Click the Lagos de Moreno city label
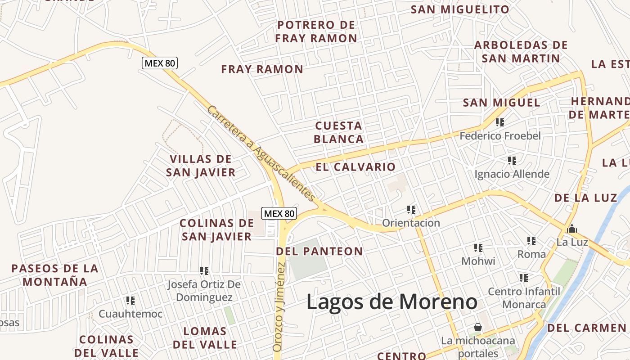point(391,301)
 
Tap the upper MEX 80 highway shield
point(160,63)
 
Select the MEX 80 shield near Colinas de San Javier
point(279,213)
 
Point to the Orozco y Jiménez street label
point(279,306)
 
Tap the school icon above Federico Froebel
point(499,122)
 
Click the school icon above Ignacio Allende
point(512,160)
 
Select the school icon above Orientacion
point(411,209)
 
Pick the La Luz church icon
point(572,229)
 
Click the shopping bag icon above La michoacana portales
point(477,327)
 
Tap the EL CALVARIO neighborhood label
point(355,167)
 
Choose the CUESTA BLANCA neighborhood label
point(339,132)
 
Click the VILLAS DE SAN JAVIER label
point(201,166)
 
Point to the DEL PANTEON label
point(319,251)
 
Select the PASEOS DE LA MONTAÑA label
point(55,275)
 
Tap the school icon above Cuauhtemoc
point(130,300)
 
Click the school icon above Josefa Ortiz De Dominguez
point(204,270)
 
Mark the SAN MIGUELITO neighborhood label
point(460,9)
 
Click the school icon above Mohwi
point(478,247)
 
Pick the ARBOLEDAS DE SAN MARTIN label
point(521,52)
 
